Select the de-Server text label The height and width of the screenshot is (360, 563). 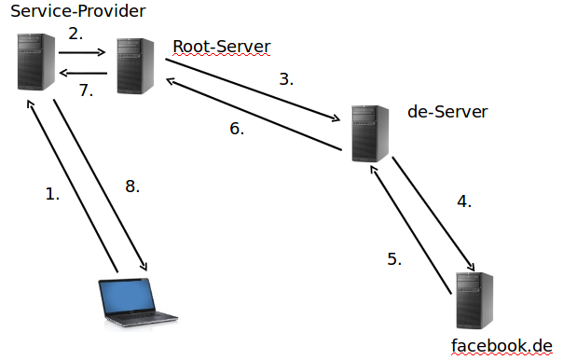tap(447, 112)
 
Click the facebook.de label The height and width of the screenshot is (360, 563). tap(501, 346)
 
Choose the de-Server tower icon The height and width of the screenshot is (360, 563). tap(370, 133)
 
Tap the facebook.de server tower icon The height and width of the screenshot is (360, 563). tap(474, 300)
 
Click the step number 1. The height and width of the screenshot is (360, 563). tap(52, 194)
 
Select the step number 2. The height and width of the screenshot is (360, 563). tap(76, 34)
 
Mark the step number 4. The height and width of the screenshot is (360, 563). tap(463, 201)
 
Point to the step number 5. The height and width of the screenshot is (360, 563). tap(394, 258)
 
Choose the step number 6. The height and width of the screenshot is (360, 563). tap(237, 129)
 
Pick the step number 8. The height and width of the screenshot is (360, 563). tap(132, 187)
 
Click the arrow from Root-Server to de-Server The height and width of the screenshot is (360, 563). tap(252, 90)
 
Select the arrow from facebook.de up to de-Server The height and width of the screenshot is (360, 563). tap(412, 229)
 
